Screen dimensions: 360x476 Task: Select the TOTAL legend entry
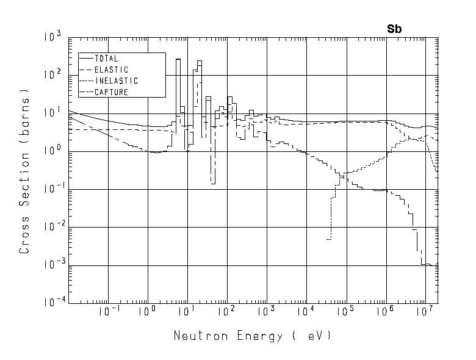tap(106, 59)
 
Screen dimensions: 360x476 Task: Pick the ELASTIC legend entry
tap(111, 70)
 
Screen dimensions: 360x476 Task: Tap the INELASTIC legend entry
tap(116, 81)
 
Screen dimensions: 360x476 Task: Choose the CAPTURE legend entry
tap(111, 93)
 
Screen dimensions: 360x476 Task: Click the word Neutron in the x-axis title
tap(194, 336)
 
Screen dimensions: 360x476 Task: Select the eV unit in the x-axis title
tap(315, 336)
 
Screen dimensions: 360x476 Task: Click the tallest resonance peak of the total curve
tap(178, 60)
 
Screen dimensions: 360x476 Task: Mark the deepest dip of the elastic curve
tap(212, 183)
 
